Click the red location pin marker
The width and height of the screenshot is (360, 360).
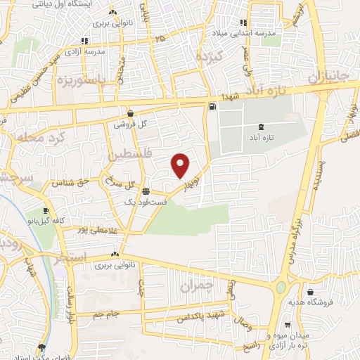(x=181, y=165)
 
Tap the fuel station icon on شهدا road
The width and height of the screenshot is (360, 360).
(x=212, y=107)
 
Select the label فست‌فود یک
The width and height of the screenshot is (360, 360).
(x=146, y=202)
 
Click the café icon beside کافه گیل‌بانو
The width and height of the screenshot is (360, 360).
(x=46, y=210)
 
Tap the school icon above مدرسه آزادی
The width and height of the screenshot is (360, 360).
(x=85, y=40)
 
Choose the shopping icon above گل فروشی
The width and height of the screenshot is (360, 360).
(x=131, y=113)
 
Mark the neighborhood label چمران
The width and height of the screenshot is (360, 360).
(x=195, y=286)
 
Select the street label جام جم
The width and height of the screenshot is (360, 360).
(x=108, y=314)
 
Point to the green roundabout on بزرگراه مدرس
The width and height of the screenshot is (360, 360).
(x=281, y=287)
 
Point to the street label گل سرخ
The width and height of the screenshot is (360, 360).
(x=119, y=184)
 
